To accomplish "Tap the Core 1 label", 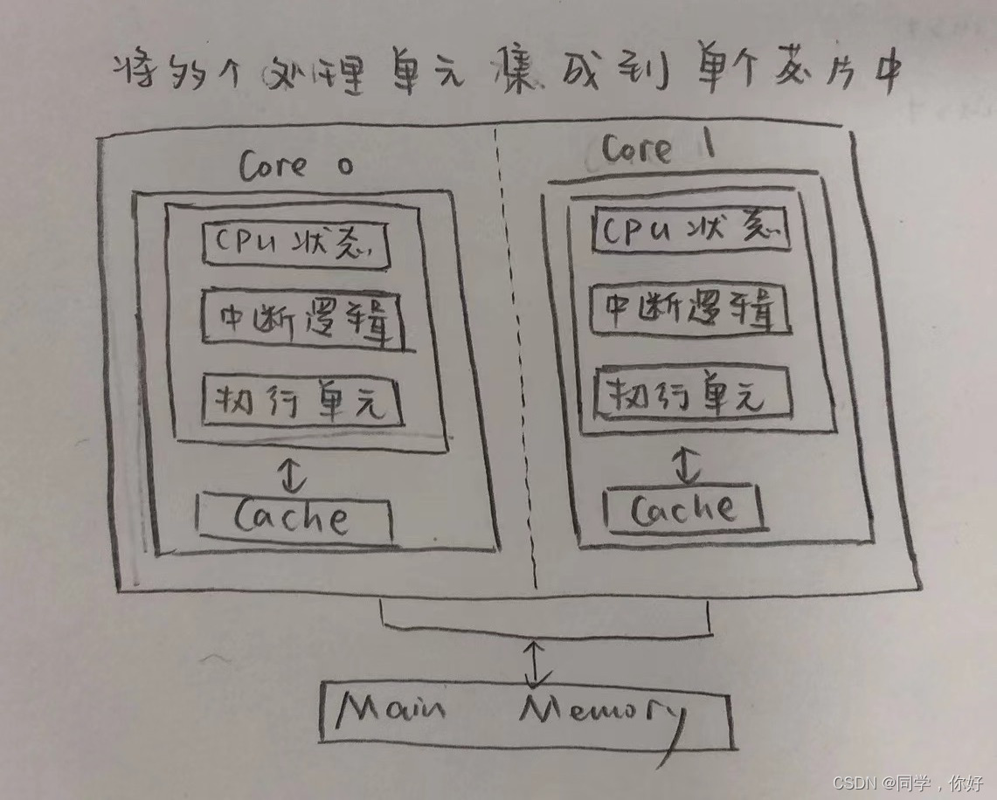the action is (x=658, y=148).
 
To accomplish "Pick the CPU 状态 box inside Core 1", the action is (x=691, y=230).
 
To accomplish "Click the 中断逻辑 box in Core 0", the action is (x=302, y=321).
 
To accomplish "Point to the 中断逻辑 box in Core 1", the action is (x=689, y=310).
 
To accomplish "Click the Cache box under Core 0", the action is (x=294, y=518).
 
